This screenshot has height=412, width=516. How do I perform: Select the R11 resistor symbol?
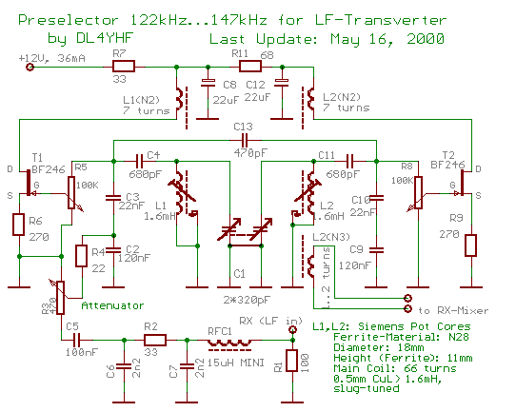(250, 68)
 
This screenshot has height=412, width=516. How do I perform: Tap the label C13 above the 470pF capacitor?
(242, 127)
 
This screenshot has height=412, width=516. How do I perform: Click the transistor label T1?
(37, 155)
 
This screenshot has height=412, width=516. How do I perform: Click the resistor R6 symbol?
(19, 225)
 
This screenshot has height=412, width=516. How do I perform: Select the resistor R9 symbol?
(469, 245)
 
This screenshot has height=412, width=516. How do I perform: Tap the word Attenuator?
(112, 305)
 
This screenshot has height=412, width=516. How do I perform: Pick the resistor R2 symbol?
(153, 341)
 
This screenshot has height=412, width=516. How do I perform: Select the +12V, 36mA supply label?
(50, 57)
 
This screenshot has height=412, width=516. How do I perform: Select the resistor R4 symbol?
(84, 256)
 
